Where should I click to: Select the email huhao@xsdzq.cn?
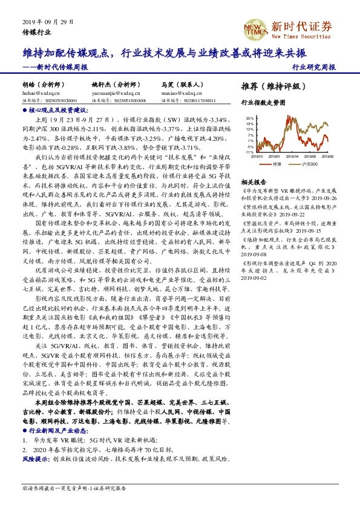[x=36, y=94]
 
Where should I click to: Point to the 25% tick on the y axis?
[x=250, y=118]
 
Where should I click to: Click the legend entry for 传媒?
[x=276, y=164]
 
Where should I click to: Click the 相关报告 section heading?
[x=254, y=181]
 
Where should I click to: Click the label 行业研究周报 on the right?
[x=313, y=68]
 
